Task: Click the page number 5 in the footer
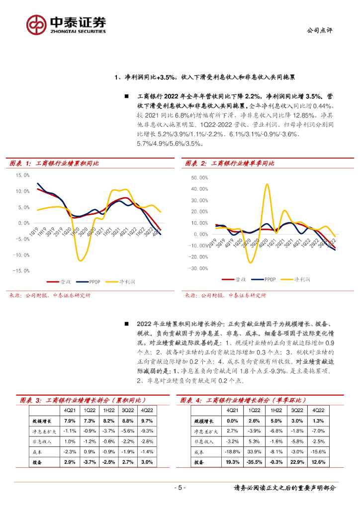tap(180, 488)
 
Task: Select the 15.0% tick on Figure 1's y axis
tap(23, 175)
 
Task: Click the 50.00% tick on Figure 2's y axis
tap(199, 177)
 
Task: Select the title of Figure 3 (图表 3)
tap(83, 400)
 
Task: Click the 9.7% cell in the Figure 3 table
tap(147, 421)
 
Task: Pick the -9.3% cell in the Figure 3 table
tap(147, 431)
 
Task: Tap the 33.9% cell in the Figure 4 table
tap(254, 452)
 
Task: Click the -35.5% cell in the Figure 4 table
tap(254, 462)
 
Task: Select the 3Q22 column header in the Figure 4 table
tap(297, 410)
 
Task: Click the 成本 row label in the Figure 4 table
tap(198, 452)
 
